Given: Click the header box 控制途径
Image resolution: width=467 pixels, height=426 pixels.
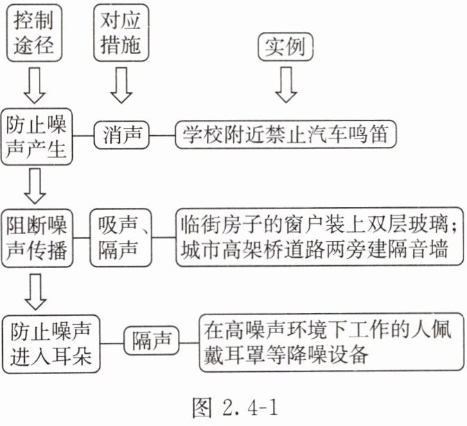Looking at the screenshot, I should [x=34, y=33].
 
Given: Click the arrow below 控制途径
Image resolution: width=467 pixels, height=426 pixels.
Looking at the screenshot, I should [x=35, y=85].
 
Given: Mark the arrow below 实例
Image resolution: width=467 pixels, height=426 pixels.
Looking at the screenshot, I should [x=286, y=85].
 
